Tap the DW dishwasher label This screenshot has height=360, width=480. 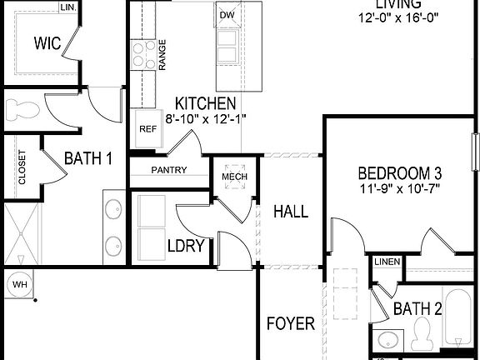coord(227,15)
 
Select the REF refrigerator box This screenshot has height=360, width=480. coord(147,129)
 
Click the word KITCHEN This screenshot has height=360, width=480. coord(204,104)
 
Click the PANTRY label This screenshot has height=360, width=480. coord(168,170)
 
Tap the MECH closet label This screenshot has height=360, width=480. coord(231,176)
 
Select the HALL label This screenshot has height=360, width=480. coord(291,212)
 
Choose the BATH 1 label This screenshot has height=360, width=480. coord(88,157)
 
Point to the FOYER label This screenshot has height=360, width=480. coord(290,323)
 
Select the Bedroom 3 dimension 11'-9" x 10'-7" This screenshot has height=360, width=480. coord(399,188)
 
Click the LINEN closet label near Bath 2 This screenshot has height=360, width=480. coord(387,262)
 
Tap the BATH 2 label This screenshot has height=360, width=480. coord(417,309)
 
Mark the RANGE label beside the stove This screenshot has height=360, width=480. coord(162,54)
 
